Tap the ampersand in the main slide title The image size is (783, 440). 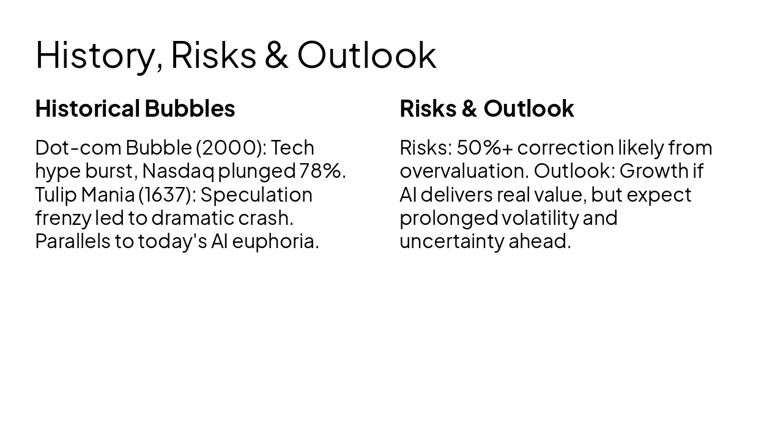point(276,54)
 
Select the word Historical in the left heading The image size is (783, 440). point(87,108)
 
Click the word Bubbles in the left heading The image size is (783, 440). point(190,108)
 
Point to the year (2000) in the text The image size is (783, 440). point(231,148)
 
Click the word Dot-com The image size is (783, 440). point(78,148)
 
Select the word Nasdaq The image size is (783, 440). point(178,172)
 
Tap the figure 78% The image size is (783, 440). point(322,171)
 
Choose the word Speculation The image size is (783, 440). point(256,195)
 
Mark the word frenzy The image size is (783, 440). point(63,218)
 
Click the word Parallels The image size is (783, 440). point(73,241)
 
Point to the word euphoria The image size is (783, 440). point(275,242)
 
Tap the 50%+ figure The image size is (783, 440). point(485,148)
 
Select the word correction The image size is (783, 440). point(566,148)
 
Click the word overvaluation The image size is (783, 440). point(464,171)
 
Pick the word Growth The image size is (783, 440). point(654,171)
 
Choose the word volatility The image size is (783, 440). point(540,218)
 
